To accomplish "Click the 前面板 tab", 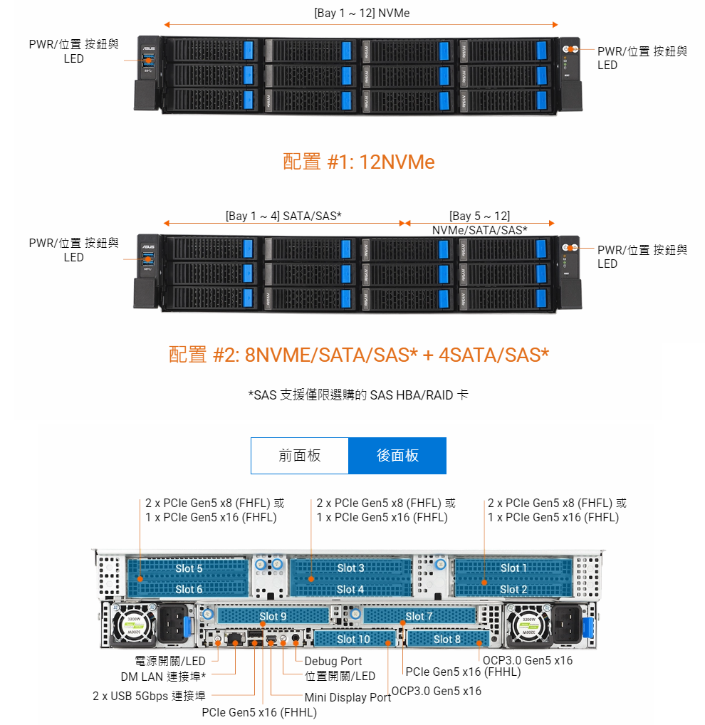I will [300, 456].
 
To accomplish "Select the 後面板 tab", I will [397, 456].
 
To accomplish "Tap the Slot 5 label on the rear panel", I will [189, 568].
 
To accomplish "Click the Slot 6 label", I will [189, 589].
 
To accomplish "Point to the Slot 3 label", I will [350, 568].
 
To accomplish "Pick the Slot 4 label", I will [350, 589].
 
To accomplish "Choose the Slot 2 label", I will [514, 589].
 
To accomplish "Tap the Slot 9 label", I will [273, 616].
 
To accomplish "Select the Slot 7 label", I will [419, 616].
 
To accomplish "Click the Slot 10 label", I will [353, 639].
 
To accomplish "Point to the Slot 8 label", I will [447, 639].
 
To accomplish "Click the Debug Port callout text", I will [333, 661].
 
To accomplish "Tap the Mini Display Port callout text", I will [348, 697].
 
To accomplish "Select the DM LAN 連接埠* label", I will [163, 676].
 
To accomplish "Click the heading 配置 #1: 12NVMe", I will [359, 162].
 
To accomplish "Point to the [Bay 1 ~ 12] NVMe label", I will [362, 13].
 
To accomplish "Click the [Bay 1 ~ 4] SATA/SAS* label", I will [283, 215].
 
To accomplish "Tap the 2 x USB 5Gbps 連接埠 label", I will [149, 696].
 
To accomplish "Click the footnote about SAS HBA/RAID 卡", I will [358, 395].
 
